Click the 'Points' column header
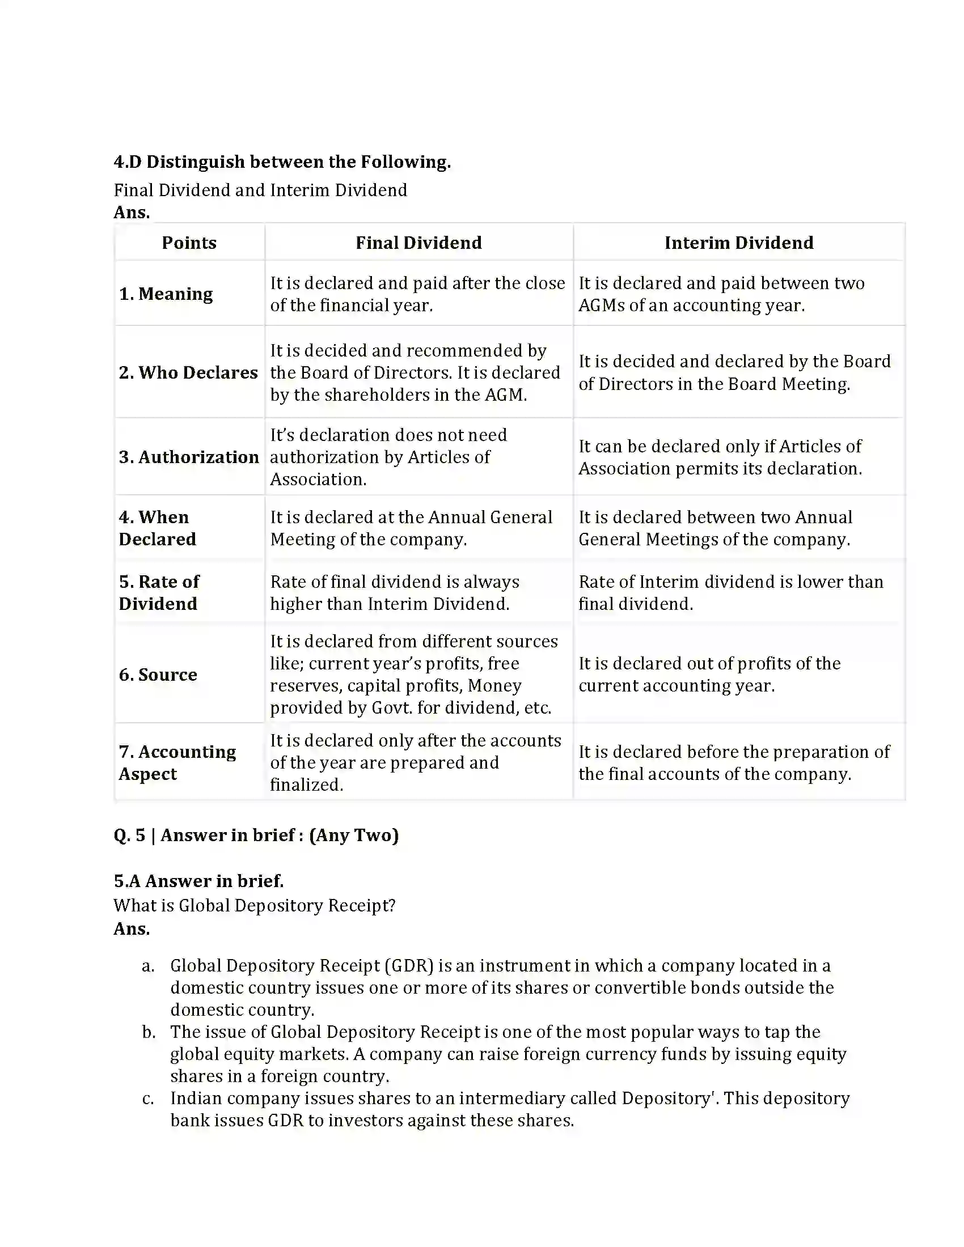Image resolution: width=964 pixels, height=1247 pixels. point(189,243)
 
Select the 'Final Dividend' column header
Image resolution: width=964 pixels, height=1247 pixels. point(418,243)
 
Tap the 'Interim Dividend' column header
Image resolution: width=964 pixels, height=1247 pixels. point(738,243)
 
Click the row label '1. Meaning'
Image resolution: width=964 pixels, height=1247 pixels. point(166,294)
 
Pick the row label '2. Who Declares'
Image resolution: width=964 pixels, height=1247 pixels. point(188,372)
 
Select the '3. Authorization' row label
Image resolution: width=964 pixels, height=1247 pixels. point(189,457)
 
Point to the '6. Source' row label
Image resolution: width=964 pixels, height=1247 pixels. point(158,675)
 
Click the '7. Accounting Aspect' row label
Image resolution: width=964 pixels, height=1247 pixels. point(177,762)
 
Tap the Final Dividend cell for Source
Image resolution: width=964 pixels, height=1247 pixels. point(414,675)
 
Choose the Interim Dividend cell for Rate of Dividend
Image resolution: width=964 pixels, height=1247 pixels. point(731,592)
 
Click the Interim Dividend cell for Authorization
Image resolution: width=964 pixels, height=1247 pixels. point(720,457)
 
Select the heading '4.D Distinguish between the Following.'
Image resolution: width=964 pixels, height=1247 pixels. point(282,162)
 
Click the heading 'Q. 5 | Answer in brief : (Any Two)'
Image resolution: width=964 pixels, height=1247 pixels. point(256,835)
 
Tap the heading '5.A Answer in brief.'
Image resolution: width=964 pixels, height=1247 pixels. point(198,881)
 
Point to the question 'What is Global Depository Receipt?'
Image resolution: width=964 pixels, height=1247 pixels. point(254,906)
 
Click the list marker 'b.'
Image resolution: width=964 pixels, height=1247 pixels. point(149,1032)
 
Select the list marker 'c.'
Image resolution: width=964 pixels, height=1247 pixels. point(148,1098)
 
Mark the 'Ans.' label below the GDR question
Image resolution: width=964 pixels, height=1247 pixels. point(132,929)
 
